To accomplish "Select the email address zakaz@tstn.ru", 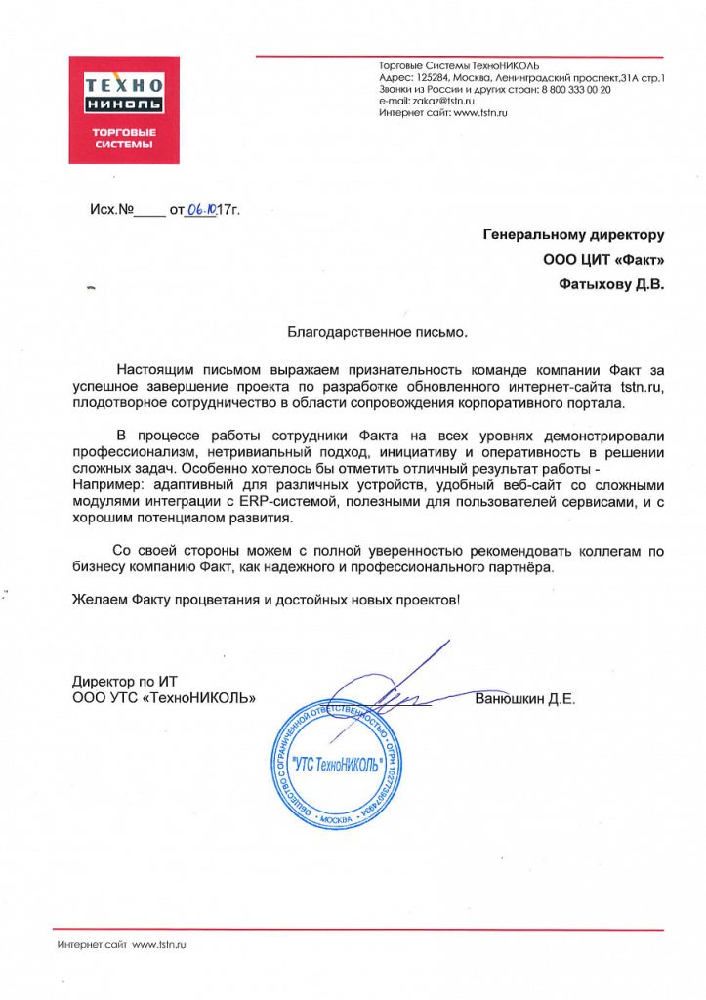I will pyautogui.click(x=441, y=101).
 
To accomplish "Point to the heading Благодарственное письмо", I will pyautogui.click(x=377, y=332).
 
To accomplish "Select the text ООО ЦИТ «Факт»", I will pyautogui.click(x=603, y=260).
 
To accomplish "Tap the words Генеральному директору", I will pyautogui.click(x=574, y=234).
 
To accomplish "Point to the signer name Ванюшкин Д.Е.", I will pyautogui.click(x=525, y=699).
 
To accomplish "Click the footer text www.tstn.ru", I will pyautogui.click(x=158, y=945).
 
